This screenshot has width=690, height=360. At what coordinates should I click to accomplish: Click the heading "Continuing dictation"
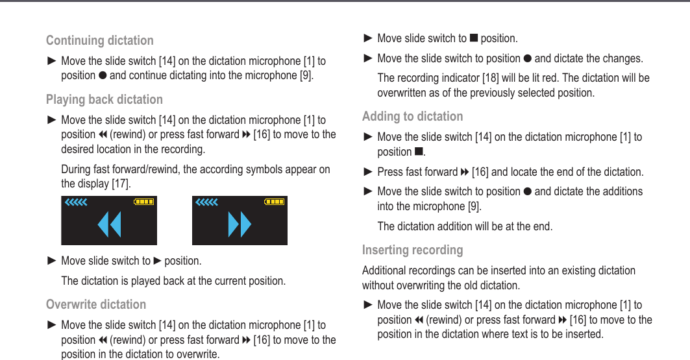tap(99, 40)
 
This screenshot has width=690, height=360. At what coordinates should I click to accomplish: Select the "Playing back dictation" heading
tap(104, 99)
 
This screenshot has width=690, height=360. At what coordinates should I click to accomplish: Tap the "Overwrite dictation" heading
tap(95, 304)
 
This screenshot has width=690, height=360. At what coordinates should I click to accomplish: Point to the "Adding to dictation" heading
tap(412, 116)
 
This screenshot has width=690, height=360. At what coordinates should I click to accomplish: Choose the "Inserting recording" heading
tap(412, 250)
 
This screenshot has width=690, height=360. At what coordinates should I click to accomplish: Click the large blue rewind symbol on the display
tap(109, 224)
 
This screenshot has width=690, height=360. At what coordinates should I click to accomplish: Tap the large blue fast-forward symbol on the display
tap(240, 224)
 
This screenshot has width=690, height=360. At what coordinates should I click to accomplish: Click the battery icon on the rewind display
tap(144, 202)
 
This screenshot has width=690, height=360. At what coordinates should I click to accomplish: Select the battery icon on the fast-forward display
tap(275, 202)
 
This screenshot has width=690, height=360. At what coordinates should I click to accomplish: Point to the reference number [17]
tap(119, 184)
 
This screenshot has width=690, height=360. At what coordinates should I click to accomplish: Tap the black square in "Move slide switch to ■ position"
tap(473, 39)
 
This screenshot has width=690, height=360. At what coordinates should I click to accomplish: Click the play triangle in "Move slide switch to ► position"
tap(157, 261)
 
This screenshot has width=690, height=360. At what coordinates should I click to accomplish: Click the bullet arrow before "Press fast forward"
tap(367, 172)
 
